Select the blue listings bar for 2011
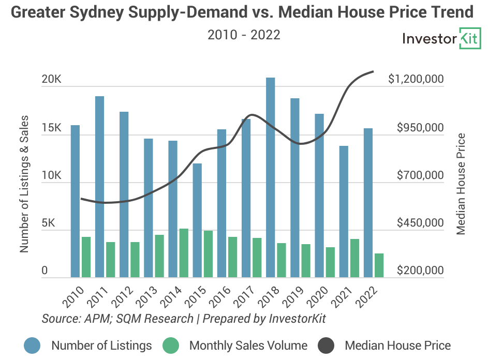(99, 187)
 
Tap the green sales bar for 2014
(184, 253)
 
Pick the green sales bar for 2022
(379, 265)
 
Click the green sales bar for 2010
(86, 257)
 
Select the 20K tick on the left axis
(52, 80)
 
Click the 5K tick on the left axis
(55, 223)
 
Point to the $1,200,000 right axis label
(416, 79)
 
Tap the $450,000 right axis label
(420, 223)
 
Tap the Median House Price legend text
(397, 346)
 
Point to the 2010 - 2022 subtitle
(244, 35)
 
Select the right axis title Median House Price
(461, 184)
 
